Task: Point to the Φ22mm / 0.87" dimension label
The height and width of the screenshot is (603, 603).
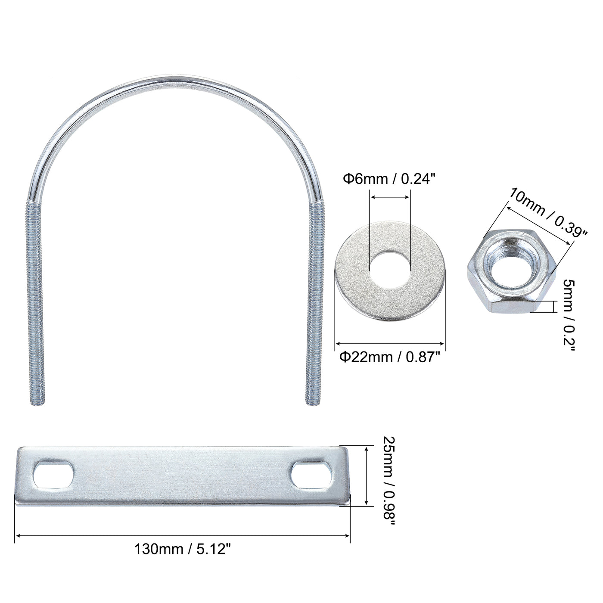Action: [390, 357]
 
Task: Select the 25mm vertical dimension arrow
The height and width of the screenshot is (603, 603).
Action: [366, 476]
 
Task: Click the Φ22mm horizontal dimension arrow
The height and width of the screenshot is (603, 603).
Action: [390, 343]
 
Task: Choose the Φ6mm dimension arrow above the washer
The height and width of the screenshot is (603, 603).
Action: [390, 197]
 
